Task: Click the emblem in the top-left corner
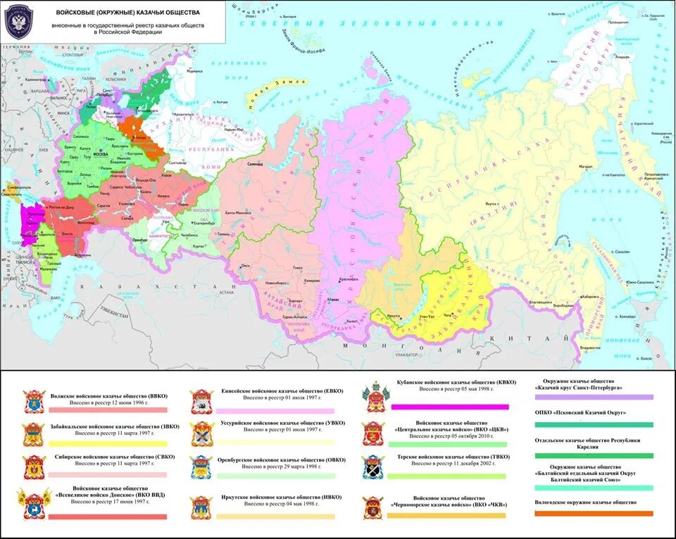coord(17,23)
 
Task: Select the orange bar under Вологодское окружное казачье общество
coord(594,514)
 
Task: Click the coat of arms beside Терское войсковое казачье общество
coord(373,467)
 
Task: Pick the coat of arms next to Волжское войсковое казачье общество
coord(33,402)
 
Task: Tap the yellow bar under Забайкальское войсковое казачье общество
coord(108,443)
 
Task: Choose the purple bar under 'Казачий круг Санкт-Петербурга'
coord(594,397)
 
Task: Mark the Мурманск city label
coord(194,71)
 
